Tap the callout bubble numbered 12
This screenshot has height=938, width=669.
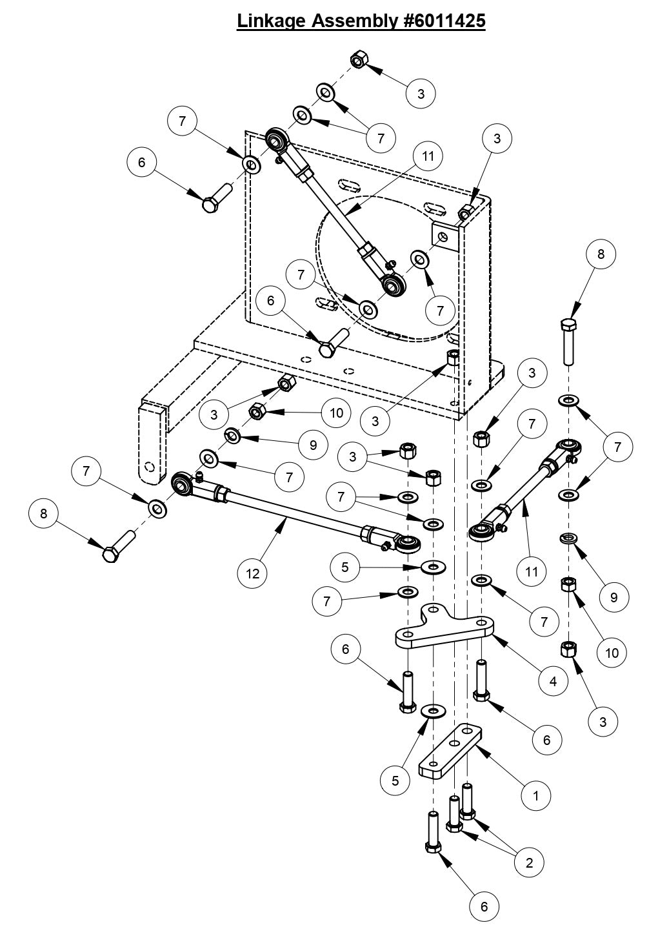click(x=253, y=573)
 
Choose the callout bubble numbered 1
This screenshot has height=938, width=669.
click(x=536, y=795)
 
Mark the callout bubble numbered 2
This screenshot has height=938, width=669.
click(x=530, y=862)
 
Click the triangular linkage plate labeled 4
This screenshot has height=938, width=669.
click(x=445, y=629)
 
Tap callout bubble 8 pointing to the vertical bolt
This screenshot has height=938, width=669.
click(x=601, y=254)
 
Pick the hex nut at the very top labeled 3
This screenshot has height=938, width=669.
click(x=358, y=61)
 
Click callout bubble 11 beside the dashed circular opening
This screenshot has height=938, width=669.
click(x=429, y=156)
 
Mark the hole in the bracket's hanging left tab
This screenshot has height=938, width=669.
click(x=150, y=466)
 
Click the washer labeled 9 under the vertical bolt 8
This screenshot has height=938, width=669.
click(x=568, y=538)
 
